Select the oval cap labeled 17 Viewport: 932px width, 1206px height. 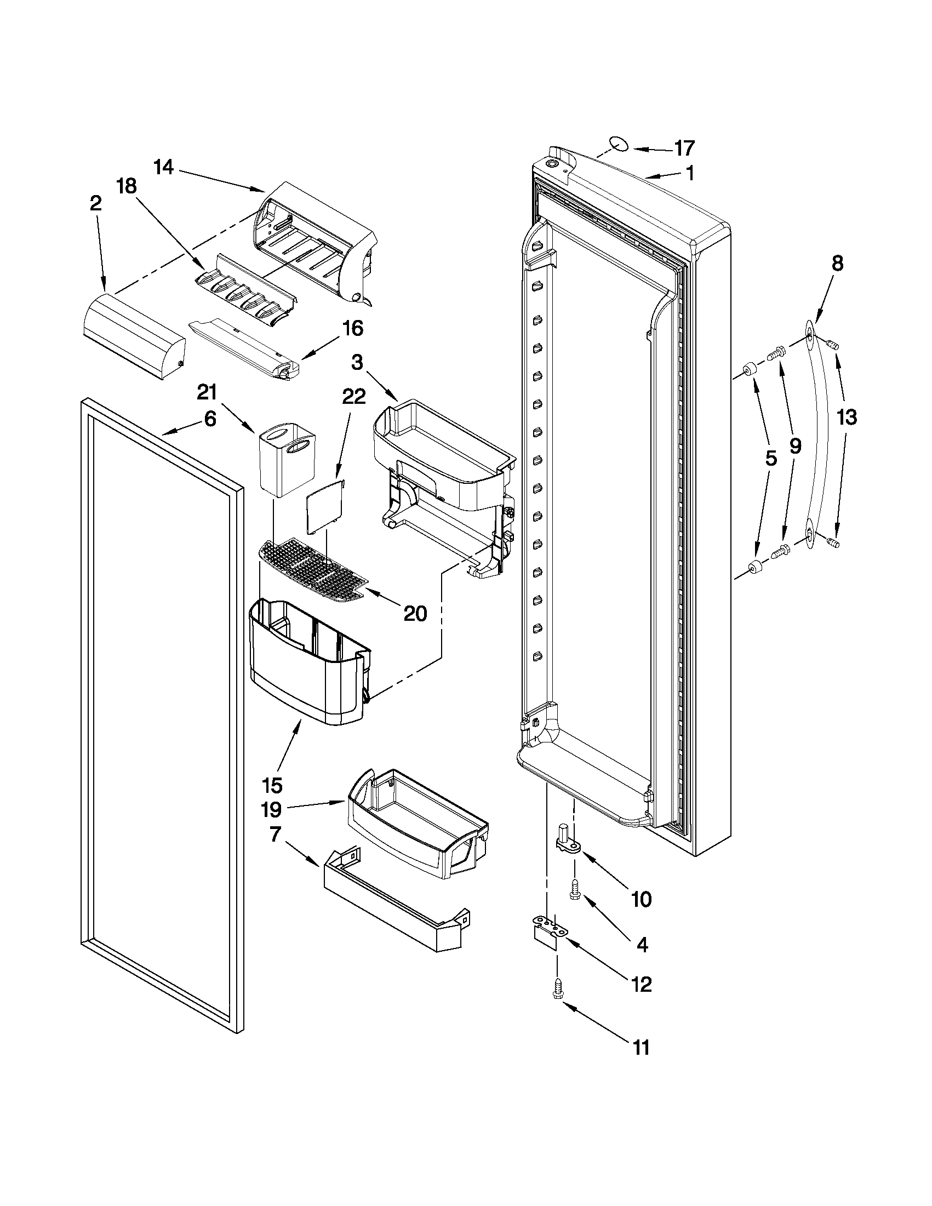(620, 144)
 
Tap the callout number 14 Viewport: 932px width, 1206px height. (163, 167)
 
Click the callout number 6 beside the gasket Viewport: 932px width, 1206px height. (210, 419)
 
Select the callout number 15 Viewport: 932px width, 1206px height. (273, 785)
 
